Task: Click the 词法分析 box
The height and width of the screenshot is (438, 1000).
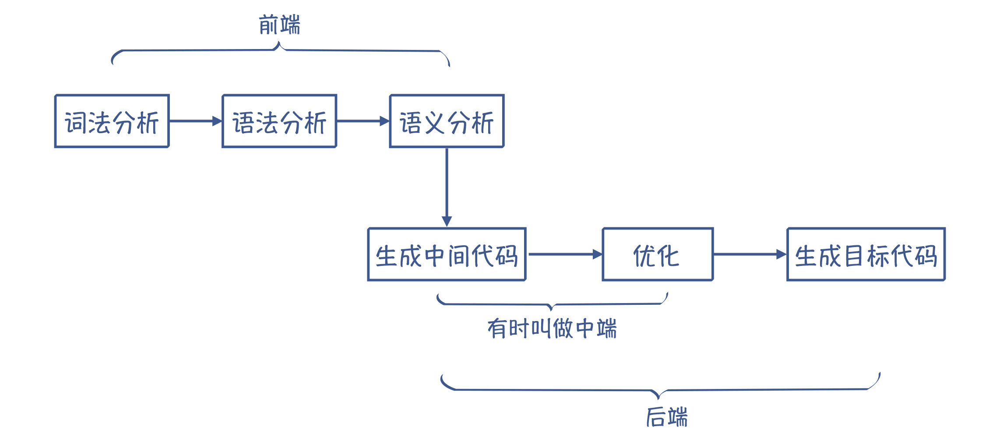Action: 112,121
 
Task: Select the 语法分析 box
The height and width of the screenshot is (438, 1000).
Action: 279,121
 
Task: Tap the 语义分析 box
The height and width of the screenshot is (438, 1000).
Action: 447,121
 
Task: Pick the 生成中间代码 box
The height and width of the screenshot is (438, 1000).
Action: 447,254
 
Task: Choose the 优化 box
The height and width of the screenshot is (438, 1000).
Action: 658,254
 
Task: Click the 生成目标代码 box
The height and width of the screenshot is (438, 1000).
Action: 866,254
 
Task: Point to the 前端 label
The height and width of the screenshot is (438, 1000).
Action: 279,25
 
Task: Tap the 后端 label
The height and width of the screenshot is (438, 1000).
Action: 667,417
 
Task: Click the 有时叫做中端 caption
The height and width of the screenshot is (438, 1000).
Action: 552,328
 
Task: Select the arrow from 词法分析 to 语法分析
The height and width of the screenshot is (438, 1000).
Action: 196,121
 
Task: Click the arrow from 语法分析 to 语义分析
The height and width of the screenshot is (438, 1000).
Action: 363,121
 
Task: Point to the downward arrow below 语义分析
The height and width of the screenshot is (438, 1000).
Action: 447,187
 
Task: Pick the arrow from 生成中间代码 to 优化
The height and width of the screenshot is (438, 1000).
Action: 565,254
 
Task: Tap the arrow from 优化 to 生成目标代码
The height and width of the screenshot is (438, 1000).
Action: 750,254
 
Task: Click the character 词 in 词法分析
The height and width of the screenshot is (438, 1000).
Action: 76,123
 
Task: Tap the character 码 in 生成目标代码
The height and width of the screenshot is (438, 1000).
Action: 926,256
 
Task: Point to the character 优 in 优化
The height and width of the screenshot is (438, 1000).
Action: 644,256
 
